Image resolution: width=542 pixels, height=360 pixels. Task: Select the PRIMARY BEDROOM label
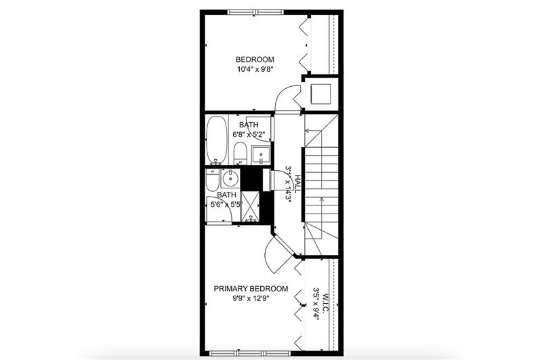coord(251,288)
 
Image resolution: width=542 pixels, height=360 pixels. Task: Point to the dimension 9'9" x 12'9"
coord(251,298)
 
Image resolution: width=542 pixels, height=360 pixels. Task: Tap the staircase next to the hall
coord(321,180)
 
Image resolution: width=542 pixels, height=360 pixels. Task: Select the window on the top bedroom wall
coord(255,11)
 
